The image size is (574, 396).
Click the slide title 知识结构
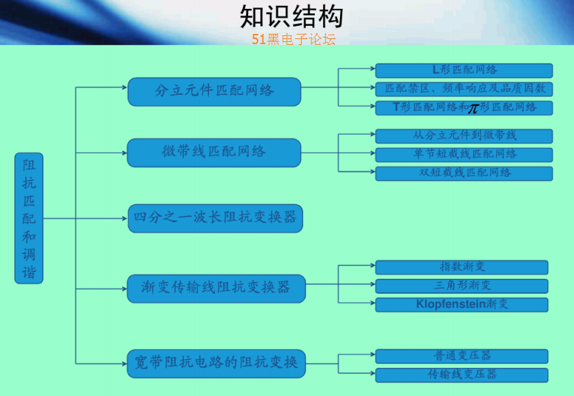(291, 16)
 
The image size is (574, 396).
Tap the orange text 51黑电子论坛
(294, 39)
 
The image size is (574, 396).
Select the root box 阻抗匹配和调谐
(29, 218)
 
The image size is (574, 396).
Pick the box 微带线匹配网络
(214, 152)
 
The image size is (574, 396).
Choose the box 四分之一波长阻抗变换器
(215, 218)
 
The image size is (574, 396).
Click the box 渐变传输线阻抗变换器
(216, 289)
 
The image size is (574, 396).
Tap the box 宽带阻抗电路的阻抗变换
(216, 364)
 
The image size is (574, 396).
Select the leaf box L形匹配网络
(464, 71)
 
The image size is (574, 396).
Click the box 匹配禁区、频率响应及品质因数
(464, 89)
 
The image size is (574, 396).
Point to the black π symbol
(473, 108)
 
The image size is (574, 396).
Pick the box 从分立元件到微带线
(464, 136)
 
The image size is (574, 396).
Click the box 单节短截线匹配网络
(464, 155)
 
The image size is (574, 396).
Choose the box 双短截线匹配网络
(464, 174)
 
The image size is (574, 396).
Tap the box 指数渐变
(461, 267)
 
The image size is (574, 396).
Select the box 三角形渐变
(461, 286)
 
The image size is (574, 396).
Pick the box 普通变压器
(461, 356)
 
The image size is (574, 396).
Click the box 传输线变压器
(461, 375)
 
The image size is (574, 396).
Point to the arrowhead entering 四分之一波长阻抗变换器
(125, 219)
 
